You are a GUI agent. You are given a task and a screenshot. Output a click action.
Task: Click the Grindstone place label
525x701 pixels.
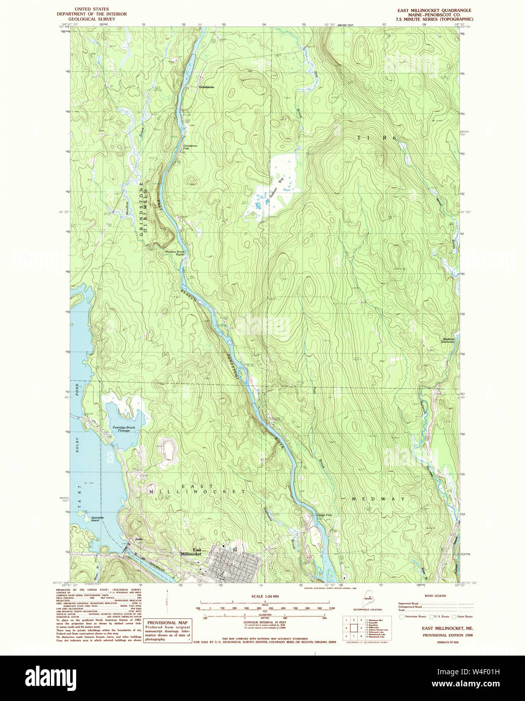(x=207, y=87)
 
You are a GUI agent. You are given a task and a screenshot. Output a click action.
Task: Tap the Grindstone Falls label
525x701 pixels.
(x=190, y=147)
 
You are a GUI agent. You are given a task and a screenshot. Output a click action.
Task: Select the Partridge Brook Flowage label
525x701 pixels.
(x=121, y=429)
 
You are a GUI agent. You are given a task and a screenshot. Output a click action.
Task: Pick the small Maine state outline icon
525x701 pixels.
(x=368, y=599)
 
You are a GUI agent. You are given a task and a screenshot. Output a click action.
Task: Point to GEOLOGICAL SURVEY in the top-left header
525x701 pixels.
(x=93, y=19)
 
